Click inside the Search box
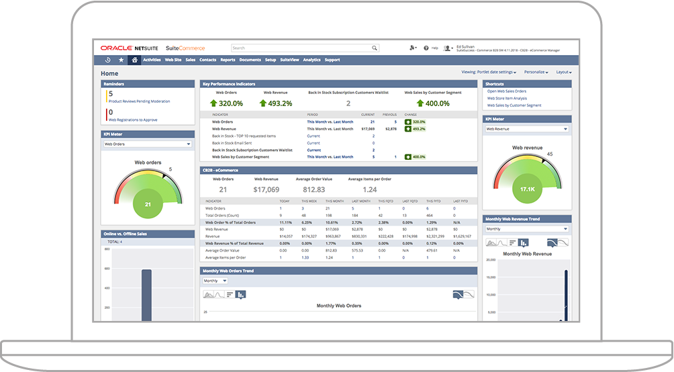point(302,48)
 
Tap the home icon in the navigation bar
point(135,60)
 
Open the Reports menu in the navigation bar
point(228,60)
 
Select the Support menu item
point(332,60)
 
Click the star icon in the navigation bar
point(122,60)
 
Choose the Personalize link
point(536,72)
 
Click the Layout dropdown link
point(563,72)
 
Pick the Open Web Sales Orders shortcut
point(507,91)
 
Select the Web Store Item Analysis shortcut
point(507,98)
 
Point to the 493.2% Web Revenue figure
point(276,103)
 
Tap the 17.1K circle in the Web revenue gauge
point(527,189)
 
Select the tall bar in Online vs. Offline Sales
point(146,295)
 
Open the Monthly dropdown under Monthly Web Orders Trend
point(215,281)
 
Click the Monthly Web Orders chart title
point(339,306)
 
